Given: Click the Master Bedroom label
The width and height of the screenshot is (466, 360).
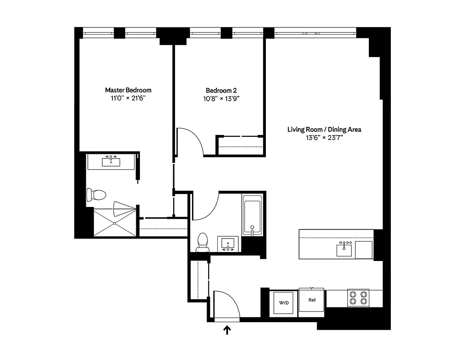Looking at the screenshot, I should tap(128, 90).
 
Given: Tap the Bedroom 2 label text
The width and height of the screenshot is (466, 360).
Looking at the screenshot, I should tap(221, 90).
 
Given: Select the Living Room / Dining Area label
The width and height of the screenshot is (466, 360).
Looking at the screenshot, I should tap(324, 130).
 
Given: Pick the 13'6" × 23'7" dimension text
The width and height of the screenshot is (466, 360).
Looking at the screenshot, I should tap(324, 138).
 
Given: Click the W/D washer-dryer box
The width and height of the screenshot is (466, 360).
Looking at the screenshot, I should tap(283, 302).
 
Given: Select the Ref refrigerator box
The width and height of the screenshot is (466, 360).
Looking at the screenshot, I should tap(311, 300).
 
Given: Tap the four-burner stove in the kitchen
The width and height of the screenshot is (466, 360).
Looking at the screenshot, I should tap(358, 298).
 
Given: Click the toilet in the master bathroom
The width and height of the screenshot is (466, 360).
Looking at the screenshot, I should tap(96, 195).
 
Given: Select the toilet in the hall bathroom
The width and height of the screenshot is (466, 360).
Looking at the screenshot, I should tap(203, 242).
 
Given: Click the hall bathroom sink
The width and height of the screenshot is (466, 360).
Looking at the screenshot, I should tap(229, 244).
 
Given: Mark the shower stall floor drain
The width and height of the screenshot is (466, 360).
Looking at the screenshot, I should tap(115, 223).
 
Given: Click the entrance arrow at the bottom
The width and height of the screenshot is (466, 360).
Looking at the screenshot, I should tap(228, 331).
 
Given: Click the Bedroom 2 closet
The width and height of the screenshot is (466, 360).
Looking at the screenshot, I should tap(240, 145).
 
